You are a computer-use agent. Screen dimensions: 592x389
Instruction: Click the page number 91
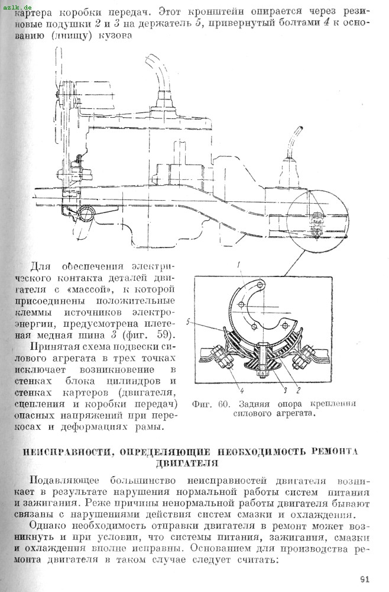364,580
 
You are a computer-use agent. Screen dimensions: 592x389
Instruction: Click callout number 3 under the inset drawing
284,391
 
